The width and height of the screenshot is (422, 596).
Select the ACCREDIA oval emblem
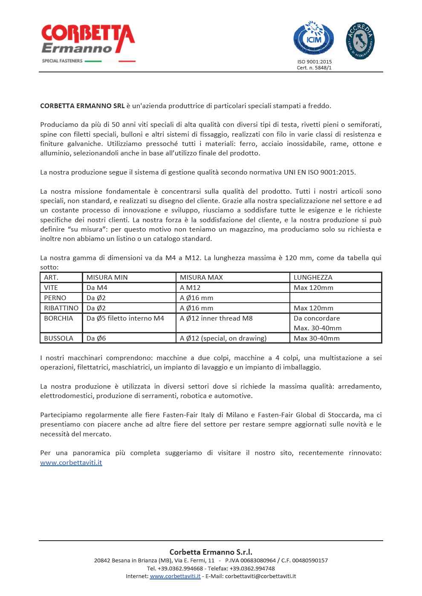pyautogui.click(x=360, y=41)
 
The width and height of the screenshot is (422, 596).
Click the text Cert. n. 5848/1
pyautogui.click(x=314, y=68)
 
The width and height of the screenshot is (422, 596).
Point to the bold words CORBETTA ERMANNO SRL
pyautogui.click(x=82, y=106)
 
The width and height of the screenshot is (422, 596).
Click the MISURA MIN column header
pyautogui.click(x=107, y=277)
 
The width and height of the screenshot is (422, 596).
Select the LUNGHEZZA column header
pyautogui.click(x=313, y=277)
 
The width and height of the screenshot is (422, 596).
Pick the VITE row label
pyautogui.click(x=51, y=287)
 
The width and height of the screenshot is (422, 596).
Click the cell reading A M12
pyautogui.click(x=190, y=287)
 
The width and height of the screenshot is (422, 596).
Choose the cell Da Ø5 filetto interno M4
pyautogui.click(x=125, y=318)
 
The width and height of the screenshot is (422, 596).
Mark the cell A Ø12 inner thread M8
pyautogui.click(x=216, y=318)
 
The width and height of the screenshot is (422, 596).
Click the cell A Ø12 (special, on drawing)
pyautogui.click(x=223, y=338)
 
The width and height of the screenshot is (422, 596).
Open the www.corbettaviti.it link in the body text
pyautogui.click(x=71, y=462)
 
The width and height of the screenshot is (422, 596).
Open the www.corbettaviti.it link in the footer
pyautogui.click(x=175, y=576)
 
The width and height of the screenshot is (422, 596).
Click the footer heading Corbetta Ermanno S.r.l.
pyautogui.click(x=211, y=552)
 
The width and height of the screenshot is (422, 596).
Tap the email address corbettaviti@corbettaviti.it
pyautogui.click(x=260, y=576)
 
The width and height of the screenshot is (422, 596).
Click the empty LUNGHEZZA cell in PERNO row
pyautogui.click(x=335, y=298)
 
